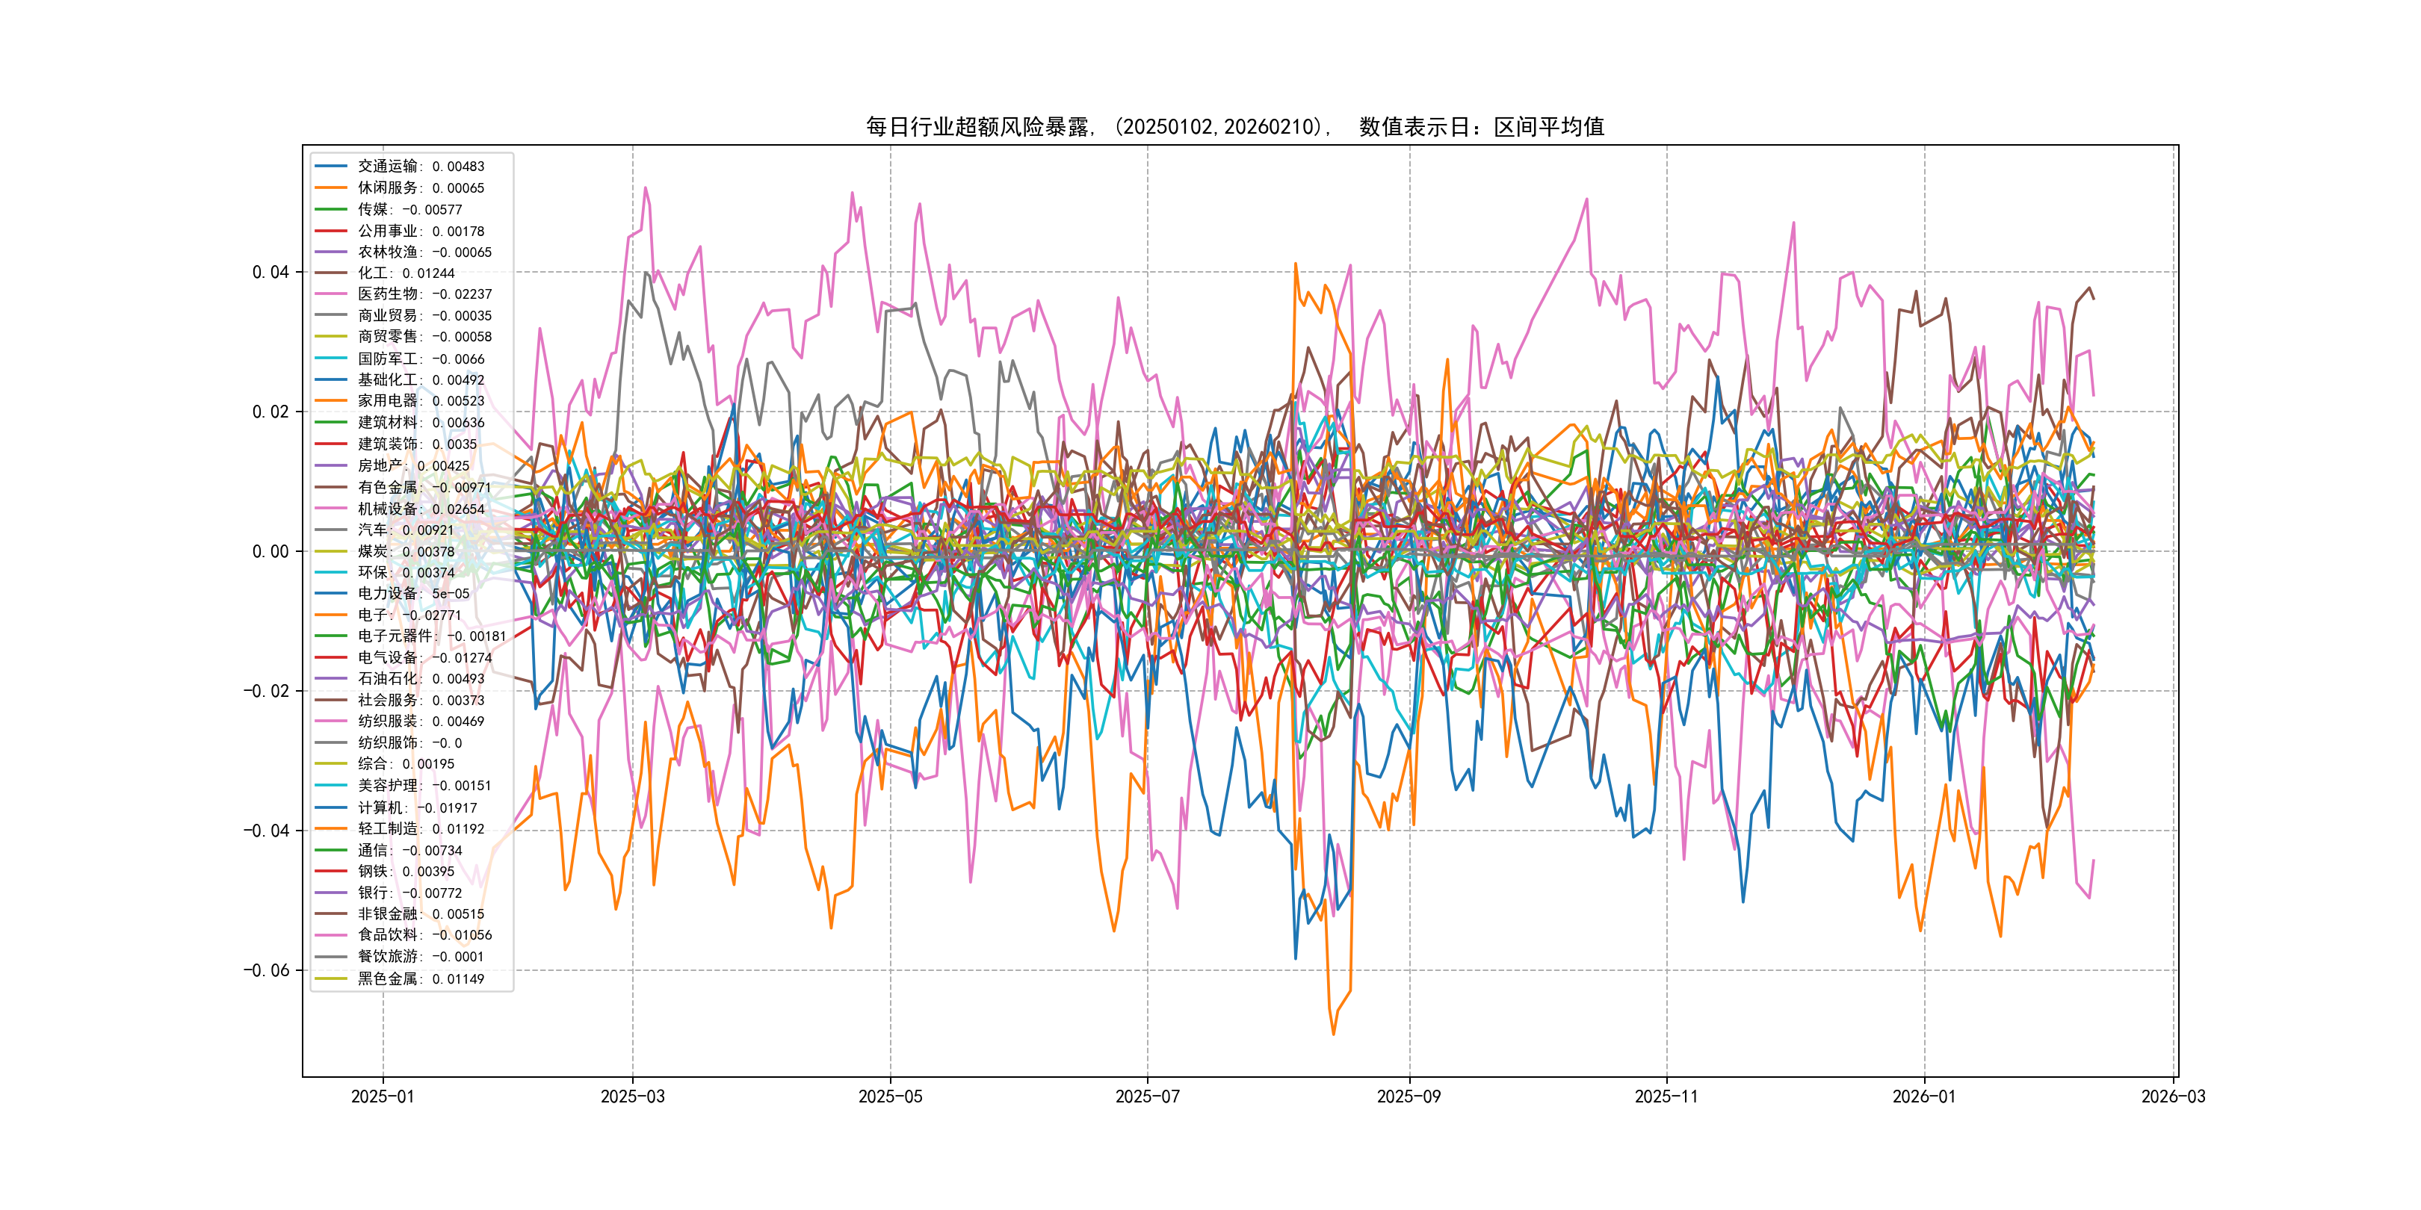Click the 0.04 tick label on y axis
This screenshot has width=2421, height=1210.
[x=270, y=273]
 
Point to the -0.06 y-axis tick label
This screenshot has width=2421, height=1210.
[x=267, y=970]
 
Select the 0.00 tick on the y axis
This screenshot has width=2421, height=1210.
[x=270, y=551]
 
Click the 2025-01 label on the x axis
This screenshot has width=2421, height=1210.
[x=383, y=1096]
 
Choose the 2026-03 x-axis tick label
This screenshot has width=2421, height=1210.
[x=2173, y=1096]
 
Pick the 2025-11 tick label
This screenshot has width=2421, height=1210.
[x=1666, y=1096]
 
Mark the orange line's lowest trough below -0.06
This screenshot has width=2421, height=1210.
[x=1334, y=1034]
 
